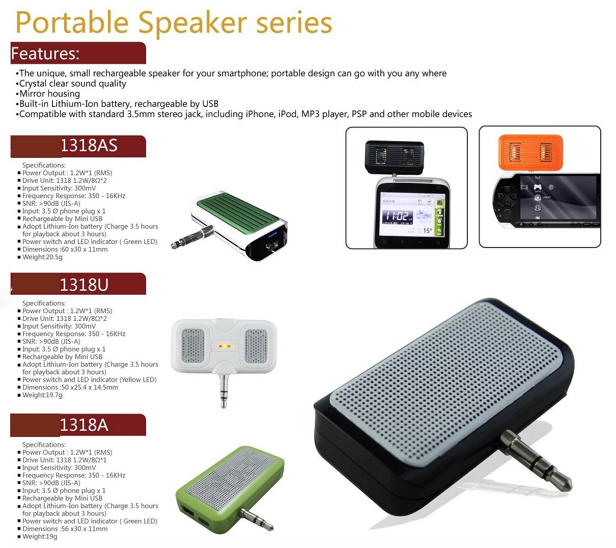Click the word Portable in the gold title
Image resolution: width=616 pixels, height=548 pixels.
[x=72, y=23]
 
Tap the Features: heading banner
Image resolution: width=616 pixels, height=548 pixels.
[x=78, y=53]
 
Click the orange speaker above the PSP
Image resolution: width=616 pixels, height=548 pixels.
[x=530, y=152]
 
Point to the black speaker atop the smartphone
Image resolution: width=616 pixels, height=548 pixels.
[x=395, y=157]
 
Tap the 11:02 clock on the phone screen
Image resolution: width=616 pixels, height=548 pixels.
[x=397, y=216]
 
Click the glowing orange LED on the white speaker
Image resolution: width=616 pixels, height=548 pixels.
[x=224, y=346]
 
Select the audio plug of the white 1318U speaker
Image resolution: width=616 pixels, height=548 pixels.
[x=223, y=390]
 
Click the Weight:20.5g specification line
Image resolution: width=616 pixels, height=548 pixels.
[x=42, y=257]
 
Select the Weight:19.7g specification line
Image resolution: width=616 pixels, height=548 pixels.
[x=42, y=395]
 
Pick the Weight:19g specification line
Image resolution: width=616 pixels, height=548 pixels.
[x=40, y=536]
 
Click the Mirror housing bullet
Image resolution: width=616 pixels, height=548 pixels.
[x=48, y=94]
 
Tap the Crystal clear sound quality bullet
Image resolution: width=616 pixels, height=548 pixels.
[x=71, y=84]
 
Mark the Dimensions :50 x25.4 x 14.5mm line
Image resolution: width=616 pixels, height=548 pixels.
[x=70, y=388]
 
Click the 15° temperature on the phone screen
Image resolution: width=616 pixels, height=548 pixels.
[x=428, y=231]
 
